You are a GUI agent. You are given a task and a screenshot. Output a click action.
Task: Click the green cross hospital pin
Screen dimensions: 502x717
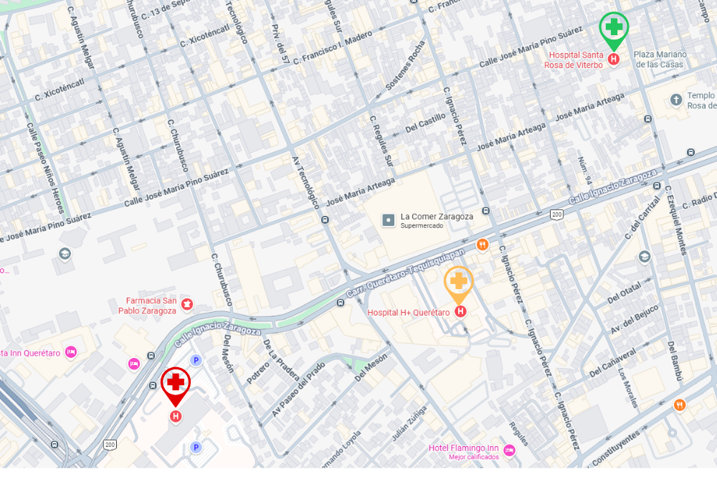click(x=614, y=28)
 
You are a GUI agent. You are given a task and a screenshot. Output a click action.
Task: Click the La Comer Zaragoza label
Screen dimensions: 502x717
click(x=436, y=217)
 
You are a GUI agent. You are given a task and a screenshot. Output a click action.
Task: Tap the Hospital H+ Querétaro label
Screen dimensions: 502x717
click(x=408, y=313)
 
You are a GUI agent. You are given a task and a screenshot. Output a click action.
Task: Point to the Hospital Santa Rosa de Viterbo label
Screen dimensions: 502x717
click(x=576, y=60)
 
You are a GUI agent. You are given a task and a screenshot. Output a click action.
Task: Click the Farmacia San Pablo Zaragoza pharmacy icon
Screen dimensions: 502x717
click(x=187, y=305)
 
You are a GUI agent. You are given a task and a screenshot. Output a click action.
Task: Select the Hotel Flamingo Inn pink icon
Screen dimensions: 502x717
click(x=509, y=450)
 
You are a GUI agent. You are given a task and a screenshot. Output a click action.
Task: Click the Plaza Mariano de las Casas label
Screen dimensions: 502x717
click(x=660, y=59)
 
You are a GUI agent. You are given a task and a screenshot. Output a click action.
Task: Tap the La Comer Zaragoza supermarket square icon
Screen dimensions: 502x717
click(x=389, y=219)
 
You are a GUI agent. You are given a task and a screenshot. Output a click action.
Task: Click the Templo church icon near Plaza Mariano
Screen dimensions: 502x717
click(x=675, y=100)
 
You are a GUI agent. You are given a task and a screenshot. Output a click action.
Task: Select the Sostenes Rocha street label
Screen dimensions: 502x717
click(x=417, y=64)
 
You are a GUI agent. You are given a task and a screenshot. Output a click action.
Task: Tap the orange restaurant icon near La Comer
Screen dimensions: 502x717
click(x=482, y=245)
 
